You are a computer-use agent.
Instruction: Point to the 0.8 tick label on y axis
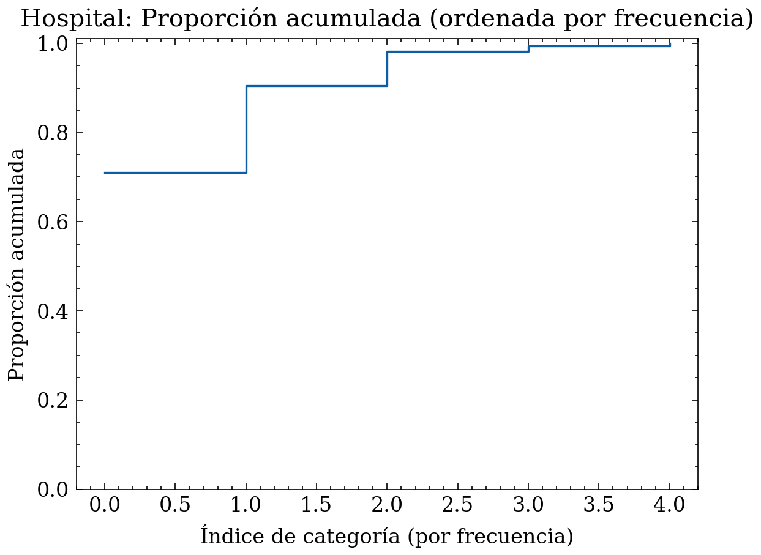(x=53, y=133)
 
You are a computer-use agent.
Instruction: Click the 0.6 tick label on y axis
(x=53, y=222)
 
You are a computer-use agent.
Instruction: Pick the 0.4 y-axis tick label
(x=53, y=311)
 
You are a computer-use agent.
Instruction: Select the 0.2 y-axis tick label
(x=53, y=400)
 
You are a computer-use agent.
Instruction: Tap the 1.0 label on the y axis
(x=53, y=44)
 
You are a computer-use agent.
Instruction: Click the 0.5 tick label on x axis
(x=175, y=505)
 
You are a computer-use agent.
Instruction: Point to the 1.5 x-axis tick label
(x=317, y=505)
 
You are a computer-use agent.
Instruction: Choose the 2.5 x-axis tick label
(x=458, y=505)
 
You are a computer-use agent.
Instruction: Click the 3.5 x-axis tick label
(x=599, y=505)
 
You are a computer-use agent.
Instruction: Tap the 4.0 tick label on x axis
(x=669, y=505)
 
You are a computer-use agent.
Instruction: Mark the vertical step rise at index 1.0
(x=246, y=129)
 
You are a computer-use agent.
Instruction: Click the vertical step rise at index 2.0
(x=388, y=69)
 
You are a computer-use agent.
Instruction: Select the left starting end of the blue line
(x=105, y=173)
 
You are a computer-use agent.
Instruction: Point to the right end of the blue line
(x=670, y=46)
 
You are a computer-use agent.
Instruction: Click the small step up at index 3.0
(x=528, y=48)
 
